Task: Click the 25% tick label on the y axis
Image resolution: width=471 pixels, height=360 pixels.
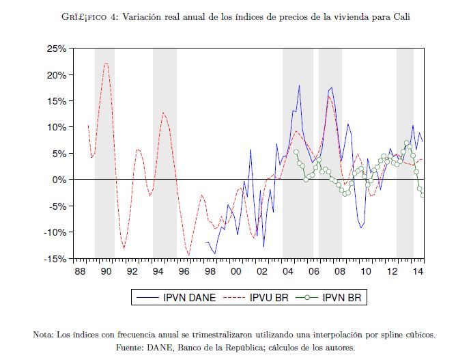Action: pyautogui.click(x=56, y=49)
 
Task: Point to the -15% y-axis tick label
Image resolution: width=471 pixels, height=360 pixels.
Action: pyautogui.click(x=55, y=258)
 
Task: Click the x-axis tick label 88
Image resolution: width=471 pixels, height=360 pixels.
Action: pyautogui.click(x=81, y=271)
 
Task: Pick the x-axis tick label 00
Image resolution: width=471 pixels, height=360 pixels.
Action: pyautogui.click(x=235, y=271)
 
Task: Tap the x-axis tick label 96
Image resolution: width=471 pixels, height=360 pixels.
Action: pyautogui.click(x=184, y=271)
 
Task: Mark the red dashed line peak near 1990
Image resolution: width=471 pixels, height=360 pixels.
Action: pyautogui.click(x=106, y=63)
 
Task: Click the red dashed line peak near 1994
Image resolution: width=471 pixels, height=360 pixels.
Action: pyautogui.click(x=163, y=112)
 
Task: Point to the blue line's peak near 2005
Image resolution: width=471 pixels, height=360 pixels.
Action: pyautogui.click(x=299, y=85)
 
